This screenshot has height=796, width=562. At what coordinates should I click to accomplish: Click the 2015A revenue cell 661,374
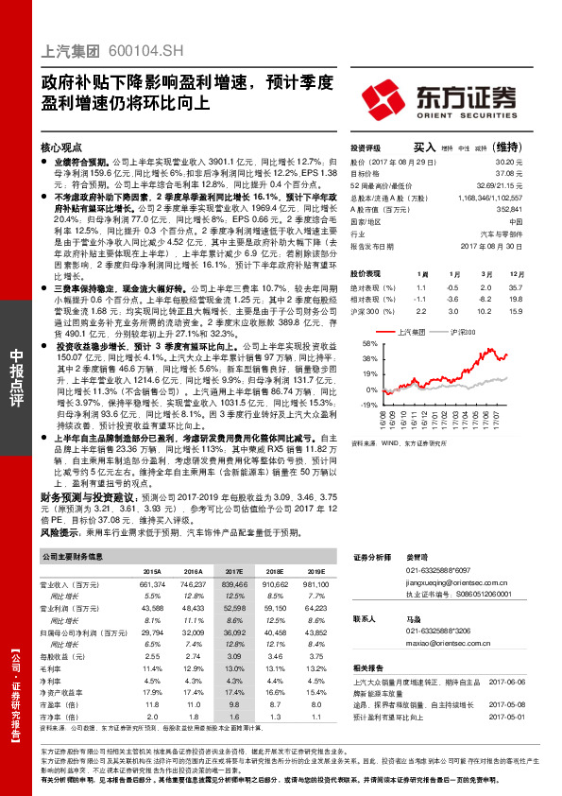152,586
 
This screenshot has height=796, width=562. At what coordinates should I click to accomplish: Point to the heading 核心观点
62,148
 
